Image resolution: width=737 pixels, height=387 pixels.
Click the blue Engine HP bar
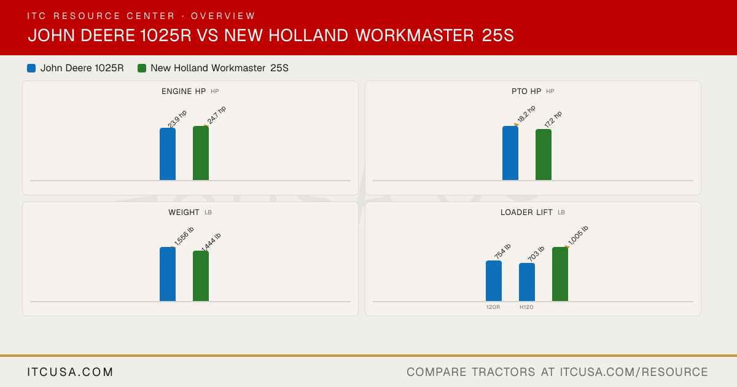(168, 154)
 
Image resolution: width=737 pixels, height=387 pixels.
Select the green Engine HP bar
(201, 153)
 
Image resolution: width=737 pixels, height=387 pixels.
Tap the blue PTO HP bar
(510, 153)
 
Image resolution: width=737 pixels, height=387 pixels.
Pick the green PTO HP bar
(544, 155)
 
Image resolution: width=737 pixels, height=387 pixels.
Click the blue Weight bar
(168, 274)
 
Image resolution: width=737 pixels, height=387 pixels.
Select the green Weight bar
(201, 276)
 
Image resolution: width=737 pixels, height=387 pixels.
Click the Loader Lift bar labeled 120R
(494, 281)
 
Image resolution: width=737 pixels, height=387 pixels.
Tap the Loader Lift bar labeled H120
(527, 282)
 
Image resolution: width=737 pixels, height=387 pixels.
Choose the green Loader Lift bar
(560, 274)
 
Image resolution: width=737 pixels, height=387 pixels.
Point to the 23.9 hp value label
(177, 119)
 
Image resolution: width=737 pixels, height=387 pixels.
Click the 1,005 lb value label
(578, 235)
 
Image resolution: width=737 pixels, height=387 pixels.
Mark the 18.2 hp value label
(526, 114)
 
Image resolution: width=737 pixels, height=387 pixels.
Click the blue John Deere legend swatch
(31, 68)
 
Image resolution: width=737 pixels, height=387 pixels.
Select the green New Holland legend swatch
(142, 68)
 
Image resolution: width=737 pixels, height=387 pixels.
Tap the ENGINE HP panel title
(184, 92)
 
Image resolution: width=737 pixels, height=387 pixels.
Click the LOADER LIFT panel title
(526, 213)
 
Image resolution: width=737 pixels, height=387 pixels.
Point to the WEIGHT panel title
(184, 213)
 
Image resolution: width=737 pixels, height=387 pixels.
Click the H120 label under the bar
(526, 307)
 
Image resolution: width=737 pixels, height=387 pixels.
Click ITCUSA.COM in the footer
(70, 372)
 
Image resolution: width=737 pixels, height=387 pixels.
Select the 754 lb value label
(502, 251)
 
